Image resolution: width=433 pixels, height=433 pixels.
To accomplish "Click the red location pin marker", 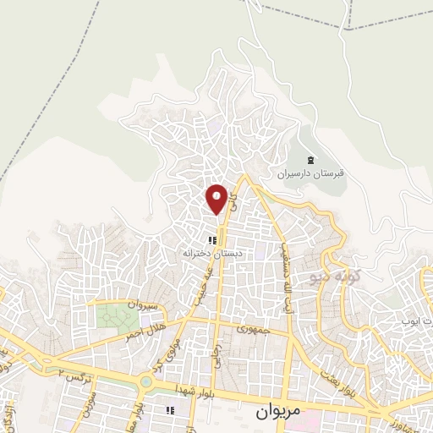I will point(217,198).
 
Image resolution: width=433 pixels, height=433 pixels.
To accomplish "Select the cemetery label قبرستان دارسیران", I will point(309,176).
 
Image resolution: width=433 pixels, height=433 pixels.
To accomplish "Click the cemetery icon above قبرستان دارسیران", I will point(310,161).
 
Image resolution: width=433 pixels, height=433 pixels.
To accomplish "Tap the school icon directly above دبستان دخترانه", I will point(211,240).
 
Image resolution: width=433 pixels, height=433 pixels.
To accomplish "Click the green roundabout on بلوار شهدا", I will point(147,381).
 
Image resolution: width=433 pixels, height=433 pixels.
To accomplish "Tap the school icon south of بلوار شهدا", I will point(169,410).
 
